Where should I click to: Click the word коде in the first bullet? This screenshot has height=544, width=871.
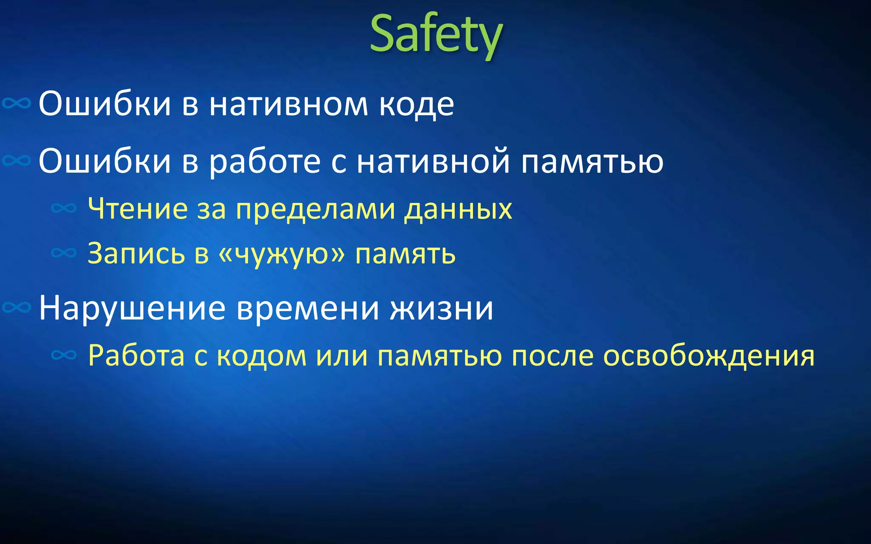[416, 104]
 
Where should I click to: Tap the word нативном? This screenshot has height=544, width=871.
[288, 104]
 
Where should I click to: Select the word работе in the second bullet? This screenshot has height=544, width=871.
[264, 161]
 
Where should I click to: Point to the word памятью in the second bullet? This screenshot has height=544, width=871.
[592, 161]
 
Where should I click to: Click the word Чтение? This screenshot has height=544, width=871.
[137, 209]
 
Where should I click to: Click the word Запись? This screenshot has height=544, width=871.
[136, 254]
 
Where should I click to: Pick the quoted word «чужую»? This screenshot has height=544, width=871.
[282, 254]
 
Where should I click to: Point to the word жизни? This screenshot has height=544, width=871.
[442, 308]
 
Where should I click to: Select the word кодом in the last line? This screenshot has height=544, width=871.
[262, 355]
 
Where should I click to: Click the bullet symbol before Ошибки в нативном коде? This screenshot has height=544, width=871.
[17, 103]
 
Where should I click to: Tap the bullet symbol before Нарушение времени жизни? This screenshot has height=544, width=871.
[17, 307]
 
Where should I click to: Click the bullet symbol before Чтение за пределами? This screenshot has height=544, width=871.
[64, 208]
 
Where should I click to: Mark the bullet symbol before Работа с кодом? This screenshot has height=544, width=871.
[64, 355]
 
